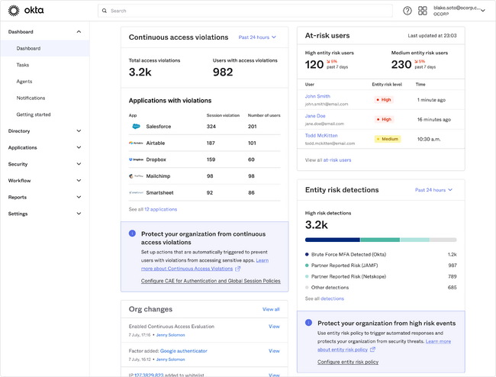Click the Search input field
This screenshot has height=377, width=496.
[245, 11]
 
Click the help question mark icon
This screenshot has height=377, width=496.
[407, 11]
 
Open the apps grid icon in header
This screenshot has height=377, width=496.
[422, 11]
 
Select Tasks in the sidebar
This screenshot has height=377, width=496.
[23, 65]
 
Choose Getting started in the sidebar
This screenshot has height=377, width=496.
[34, 114]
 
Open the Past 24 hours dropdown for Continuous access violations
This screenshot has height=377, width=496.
[257, 37]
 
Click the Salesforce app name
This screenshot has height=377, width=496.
[159, 126]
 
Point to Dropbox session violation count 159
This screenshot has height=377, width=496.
[211, 159]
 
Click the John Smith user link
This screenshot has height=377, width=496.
[317, 96]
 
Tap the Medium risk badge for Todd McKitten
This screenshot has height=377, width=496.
[387, 139]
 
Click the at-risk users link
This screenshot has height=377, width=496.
[337, 160]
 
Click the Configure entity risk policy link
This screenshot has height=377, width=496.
[347, 362]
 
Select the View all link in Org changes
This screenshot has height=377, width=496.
[271, 309]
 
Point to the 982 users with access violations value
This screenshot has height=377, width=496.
[223, 72]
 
